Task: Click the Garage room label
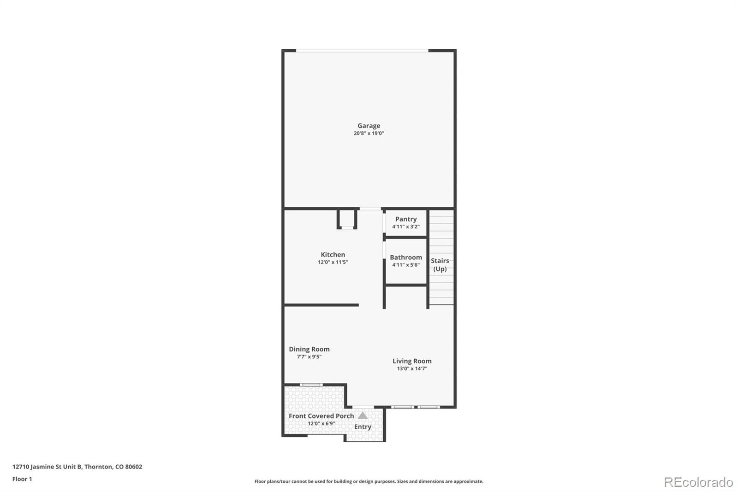pos(369,126)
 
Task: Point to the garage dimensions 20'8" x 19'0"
pos(369,134)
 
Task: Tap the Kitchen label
pos(333,255)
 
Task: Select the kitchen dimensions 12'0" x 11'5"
pos(333,263)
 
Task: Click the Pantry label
pos(405,219)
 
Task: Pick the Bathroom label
pos(405,257)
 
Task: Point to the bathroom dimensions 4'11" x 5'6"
pos(405,265)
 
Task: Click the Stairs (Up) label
pos(440,265)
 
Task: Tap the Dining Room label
pos(309,349)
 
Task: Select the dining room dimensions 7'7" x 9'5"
pos(309,357)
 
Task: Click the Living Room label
pos(412,361)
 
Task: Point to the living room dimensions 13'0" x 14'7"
pos(412,369)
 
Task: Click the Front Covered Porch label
pos(321,416)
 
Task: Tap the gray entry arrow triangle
pos(363,415)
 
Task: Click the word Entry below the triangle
pos(363,427)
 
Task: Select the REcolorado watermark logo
pos(698,482)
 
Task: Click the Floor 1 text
pos(22,479)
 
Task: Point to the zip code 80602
pos(133,467)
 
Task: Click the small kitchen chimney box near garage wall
pos(347,219)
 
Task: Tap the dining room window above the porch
pos(311,385)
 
